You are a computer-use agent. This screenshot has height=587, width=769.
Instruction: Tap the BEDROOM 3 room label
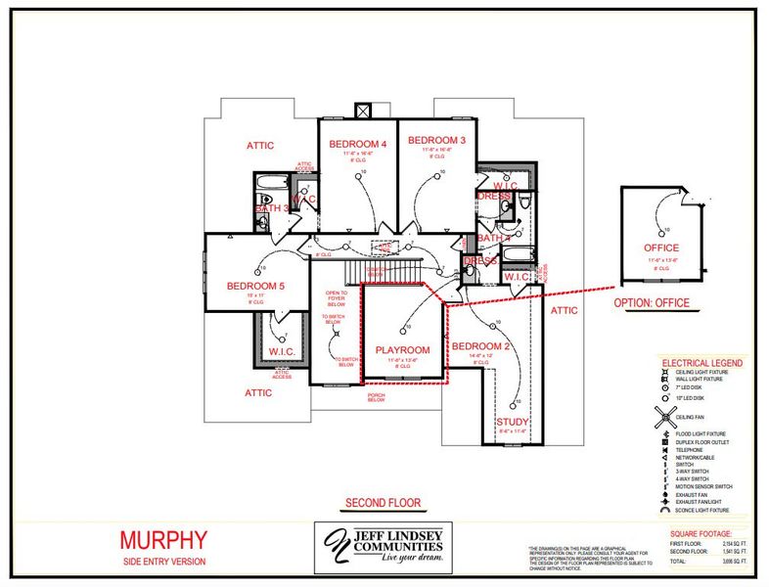pos(436,140)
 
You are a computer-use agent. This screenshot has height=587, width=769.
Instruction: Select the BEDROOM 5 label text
pos(255,286)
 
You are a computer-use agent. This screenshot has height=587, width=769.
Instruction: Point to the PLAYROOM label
pos(403,349)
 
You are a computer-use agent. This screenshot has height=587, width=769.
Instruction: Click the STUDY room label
pos(513,421)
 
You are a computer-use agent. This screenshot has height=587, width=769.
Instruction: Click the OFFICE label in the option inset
pos(661,248)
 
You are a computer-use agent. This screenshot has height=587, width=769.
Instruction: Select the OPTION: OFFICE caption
pos(652,302)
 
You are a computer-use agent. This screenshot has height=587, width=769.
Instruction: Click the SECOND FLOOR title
pos(383,503)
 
